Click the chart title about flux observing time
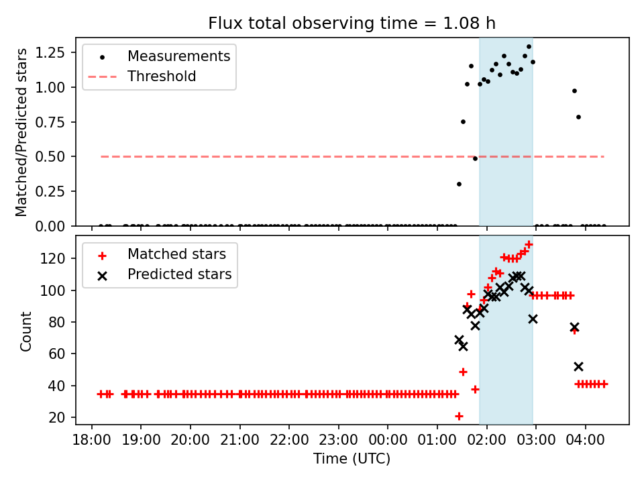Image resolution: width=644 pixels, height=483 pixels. click(x=352, y=23)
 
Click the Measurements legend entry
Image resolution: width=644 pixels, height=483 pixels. click(x=178, y=56)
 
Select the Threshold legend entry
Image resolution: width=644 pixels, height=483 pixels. click(x=162, y=76)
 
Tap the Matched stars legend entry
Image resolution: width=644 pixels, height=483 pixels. click(x=176, y=254)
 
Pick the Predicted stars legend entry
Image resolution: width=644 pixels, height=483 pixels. click(x=179, y=274)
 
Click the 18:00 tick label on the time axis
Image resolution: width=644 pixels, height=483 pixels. click(x=91, y=442)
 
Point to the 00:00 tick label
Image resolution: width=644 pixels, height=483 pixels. click(x=388, y=442)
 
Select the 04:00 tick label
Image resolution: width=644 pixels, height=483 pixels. click(x=586, y=442)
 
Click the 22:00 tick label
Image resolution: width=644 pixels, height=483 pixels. click(x=288, y=442)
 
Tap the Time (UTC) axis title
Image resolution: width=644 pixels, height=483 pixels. click(x=352, y=460)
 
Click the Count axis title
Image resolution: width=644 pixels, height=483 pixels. click(x=26, y=331)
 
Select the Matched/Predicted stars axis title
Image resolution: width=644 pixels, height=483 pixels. click(x=22, y=132)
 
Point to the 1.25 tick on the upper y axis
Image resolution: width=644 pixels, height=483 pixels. click(x=56, y=52)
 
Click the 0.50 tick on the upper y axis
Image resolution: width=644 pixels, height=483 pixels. click(x=56, y=157)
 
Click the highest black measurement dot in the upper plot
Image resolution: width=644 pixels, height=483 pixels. click(x=529, y=47)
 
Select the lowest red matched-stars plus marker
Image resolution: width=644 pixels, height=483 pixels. click(x=459, y=416)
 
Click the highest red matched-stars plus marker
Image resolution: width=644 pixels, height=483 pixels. click(x=529, y=245)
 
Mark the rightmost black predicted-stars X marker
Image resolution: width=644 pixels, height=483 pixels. click(x=578, y=366)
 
